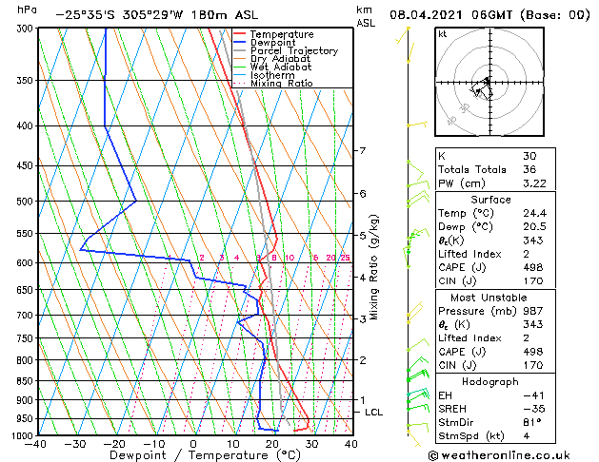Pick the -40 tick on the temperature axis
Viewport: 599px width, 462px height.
point(36,444)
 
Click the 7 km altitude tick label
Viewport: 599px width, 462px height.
point(362,151)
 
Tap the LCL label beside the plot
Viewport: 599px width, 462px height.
point(373,412)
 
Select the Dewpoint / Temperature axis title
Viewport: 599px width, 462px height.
point(192,455)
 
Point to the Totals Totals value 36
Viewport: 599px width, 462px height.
point(530,169)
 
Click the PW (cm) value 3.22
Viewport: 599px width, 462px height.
point(534,183)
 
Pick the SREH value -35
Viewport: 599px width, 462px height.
point(531,409)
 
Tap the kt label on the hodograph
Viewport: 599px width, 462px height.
point(442,34)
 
